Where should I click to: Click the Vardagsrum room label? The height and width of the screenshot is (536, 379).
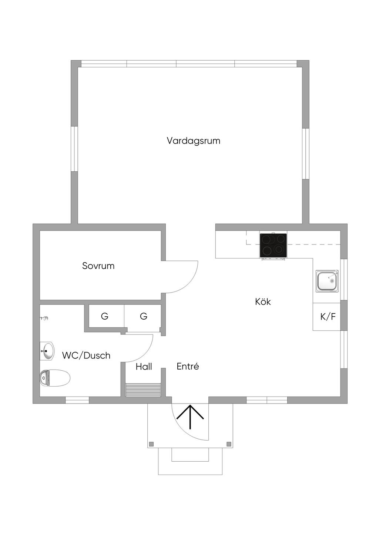pos(193,141)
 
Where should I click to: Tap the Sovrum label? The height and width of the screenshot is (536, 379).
pos(98,266)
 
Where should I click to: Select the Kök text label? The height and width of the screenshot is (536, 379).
pos(263,302)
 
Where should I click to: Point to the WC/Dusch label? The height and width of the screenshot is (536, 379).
pos(86,355)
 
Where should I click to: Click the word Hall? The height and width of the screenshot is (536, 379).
pos(144,367)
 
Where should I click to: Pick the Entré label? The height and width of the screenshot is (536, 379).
pos(188,367)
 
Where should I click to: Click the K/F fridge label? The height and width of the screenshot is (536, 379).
pos(328,317)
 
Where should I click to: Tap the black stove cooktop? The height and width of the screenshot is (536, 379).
pos(273,245)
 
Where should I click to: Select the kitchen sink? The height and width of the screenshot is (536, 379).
pos(327,281)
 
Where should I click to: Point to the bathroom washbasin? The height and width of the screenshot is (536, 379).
pos(47,351)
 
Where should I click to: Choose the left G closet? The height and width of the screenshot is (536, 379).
pos(105,316)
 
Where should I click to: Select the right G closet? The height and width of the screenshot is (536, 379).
pos(143,316)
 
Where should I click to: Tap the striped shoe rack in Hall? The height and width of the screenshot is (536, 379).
pos(143,390)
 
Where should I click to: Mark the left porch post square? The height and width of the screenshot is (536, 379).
pos(151,444)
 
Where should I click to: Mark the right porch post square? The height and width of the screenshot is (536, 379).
pos(229,444)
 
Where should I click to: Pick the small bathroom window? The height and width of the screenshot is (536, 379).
pos(77,400)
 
